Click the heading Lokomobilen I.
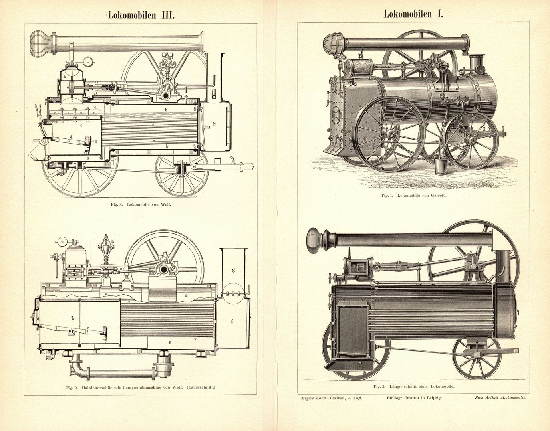[413, 14]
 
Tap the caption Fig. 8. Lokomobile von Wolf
[143, 205]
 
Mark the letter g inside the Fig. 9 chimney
[233, 270]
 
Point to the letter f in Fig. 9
[232, 320]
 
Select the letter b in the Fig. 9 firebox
[73, 318]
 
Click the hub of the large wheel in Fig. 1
[389, 134]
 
